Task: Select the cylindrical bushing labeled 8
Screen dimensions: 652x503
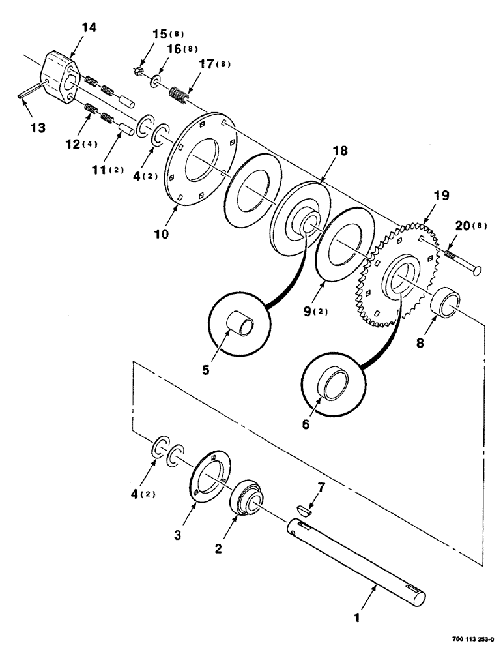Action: click(448, 303)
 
